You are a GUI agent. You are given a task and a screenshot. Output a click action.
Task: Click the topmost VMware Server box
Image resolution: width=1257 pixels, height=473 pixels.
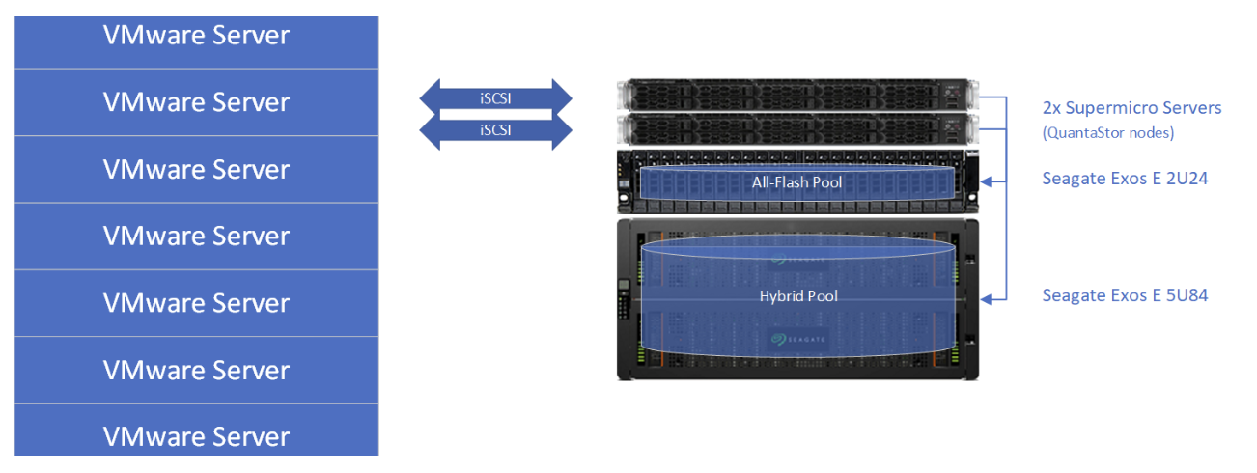coord(196,36)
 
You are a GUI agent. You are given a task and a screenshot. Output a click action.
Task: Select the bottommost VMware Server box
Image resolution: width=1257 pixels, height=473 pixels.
coord(196,435)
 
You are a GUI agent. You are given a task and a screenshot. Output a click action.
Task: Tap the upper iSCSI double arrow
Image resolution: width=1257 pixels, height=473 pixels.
coord(496,97)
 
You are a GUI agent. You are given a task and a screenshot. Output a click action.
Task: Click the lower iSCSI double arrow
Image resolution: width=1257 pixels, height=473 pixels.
coord(496,130)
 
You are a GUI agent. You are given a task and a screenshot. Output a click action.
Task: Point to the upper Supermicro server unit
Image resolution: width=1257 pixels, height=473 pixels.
coord(796,97)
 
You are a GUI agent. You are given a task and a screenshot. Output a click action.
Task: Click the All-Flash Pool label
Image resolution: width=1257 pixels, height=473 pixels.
coord(797,181)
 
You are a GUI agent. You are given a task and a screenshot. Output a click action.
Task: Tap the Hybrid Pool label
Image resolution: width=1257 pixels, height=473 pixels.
coord(798,295)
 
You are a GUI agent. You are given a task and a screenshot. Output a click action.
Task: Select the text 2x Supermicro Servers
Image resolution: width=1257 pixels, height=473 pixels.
coord(1131,107)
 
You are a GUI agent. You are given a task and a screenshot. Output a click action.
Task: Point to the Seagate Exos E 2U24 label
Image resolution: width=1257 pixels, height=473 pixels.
coord(1124,179)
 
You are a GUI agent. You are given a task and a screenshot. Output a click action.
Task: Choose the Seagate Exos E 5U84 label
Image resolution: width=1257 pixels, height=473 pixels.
coord(1125,295)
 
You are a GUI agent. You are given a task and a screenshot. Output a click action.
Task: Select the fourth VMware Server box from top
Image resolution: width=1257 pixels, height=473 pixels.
coord(196,236)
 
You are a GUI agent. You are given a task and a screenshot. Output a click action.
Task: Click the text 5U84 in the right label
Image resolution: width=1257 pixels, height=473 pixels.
coord(1187,295)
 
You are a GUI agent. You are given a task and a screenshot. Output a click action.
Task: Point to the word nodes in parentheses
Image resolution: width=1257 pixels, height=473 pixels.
coord(1155,133)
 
